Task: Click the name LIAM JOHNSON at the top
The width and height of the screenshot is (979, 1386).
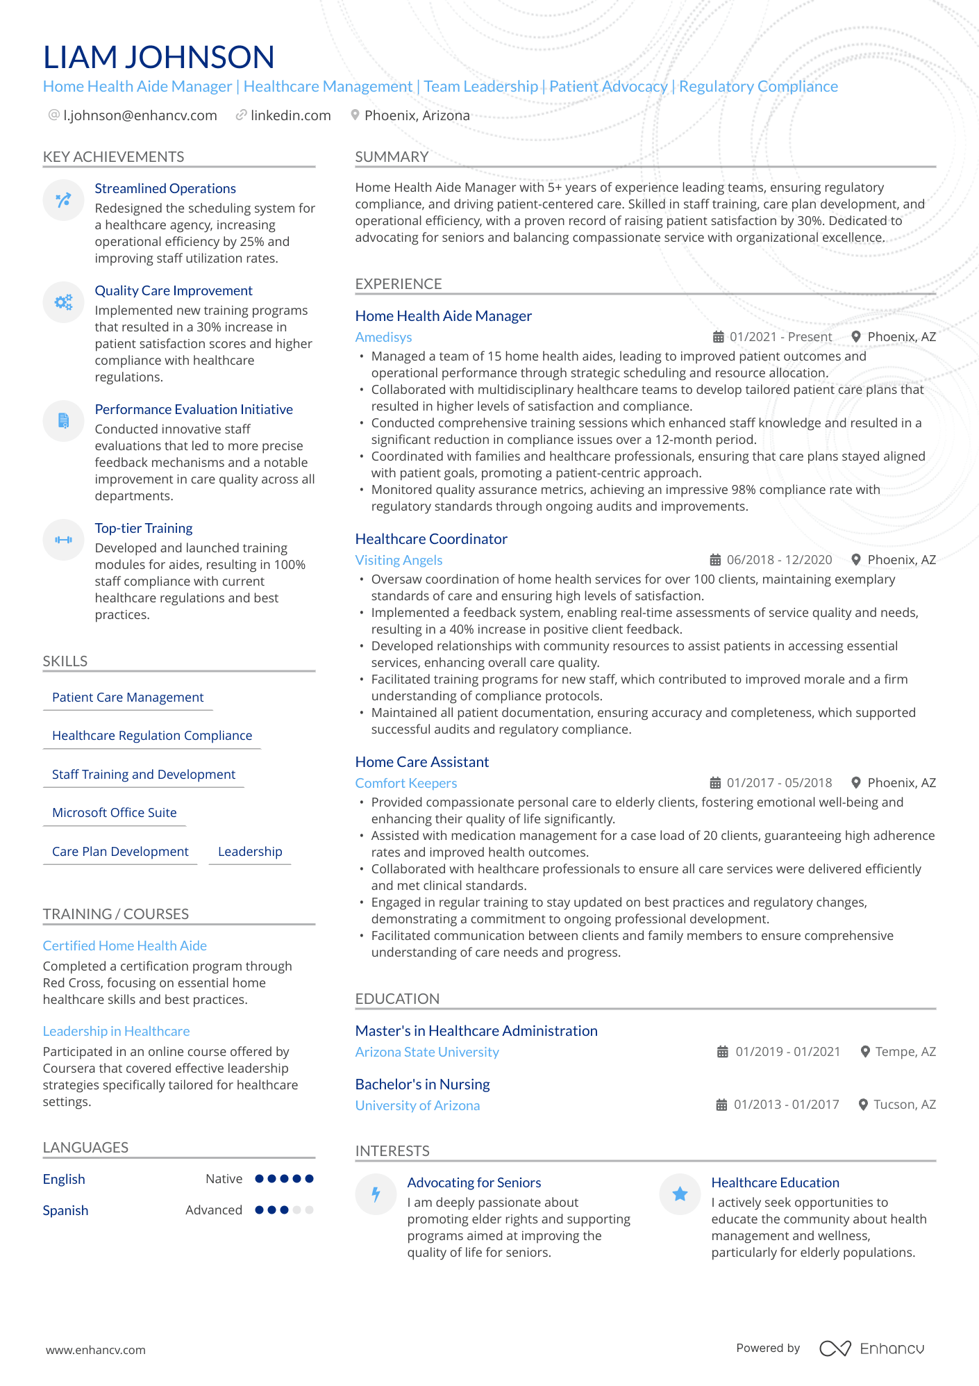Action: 158,57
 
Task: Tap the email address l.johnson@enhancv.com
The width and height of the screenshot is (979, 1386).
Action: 140,115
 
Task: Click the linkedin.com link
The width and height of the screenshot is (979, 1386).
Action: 290,115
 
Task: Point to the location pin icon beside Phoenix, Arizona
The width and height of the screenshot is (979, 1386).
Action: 355,115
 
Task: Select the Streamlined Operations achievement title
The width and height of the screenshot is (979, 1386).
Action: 165,188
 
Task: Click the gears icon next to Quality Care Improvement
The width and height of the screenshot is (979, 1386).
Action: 63,302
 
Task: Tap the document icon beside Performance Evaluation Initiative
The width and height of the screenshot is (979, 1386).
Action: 63,420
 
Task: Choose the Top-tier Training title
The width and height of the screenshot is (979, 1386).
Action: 144,528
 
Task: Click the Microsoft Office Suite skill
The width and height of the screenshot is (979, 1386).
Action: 115,813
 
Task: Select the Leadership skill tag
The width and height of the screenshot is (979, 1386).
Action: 250,852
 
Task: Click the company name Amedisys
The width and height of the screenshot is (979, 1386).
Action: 383,337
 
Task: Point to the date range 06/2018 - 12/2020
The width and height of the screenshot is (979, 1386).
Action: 779,560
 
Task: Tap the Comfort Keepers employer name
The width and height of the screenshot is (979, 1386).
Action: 406,783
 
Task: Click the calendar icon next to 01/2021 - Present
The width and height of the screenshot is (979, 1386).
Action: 718,337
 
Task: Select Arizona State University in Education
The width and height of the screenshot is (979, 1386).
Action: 427,1052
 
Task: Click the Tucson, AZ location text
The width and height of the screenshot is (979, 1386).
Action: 904,1105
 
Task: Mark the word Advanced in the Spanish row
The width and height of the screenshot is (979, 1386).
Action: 214,1210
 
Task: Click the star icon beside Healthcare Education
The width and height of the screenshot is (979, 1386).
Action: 680,1194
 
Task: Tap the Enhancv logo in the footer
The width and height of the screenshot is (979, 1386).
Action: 871,1348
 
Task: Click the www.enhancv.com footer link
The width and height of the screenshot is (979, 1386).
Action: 96,1350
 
